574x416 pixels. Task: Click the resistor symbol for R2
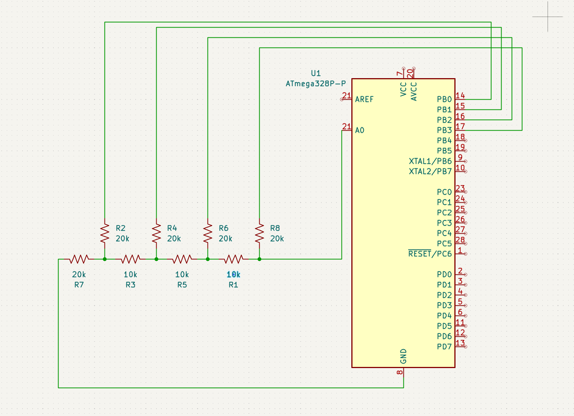pos(105,233)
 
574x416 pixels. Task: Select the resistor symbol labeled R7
pos(79,259)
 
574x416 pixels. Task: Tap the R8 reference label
pos(275,228)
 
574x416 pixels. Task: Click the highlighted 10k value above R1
pos(234,274)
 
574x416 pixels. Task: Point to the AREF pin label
pos(364,99)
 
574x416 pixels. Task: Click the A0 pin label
pos(360,130)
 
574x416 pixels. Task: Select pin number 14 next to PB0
pos(460,96)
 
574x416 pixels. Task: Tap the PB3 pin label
pos(444,130)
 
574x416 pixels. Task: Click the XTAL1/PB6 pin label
pos(430,161)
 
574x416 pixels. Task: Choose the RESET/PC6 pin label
pos(430,254)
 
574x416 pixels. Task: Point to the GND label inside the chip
pos(403,356)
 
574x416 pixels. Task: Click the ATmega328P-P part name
pos(316,83)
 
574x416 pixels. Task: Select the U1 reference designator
pos(316,73)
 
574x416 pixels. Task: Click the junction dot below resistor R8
pos(259,259)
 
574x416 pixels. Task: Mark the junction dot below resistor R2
pos(105,259)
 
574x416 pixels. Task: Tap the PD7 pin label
pos(444,347)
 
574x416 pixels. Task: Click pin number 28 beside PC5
pos(460,240)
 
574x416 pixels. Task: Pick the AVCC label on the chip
pos(414,91)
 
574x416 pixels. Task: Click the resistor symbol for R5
pos(182,259)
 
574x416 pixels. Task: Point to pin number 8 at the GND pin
pos(400,372)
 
